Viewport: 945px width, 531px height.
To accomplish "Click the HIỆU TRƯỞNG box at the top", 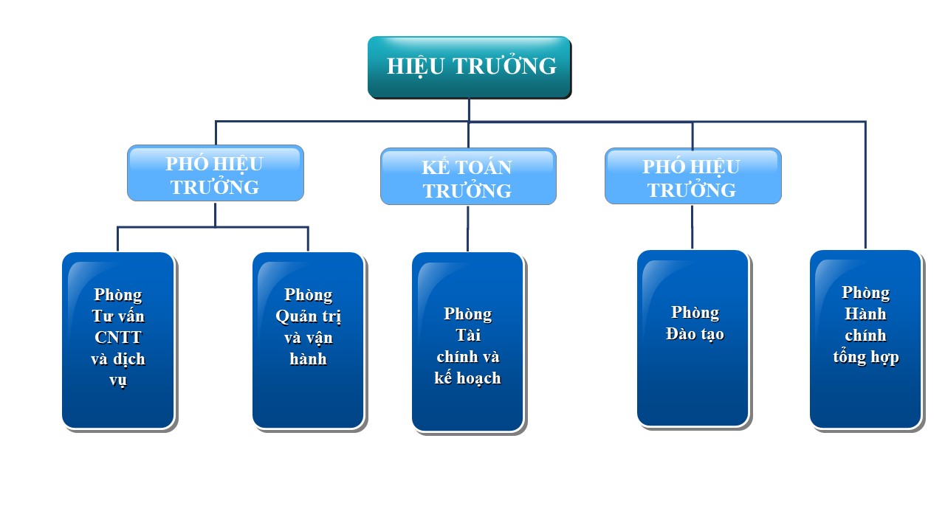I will point(469,66).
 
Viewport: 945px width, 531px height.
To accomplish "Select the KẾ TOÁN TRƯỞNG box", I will point(468,176).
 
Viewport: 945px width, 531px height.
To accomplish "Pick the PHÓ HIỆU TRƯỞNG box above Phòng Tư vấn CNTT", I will point(215,173).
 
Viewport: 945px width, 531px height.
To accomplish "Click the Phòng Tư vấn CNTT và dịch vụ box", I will point(118,340).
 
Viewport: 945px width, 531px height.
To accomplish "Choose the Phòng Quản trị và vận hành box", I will point(308,340).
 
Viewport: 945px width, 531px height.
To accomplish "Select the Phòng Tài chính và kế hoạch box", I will point(467,342).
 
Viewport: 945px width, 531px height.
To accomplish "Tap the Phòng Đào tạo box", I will point(693,338).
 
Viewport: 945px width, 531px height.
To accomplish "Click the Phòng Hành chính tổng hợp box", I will point(865,339).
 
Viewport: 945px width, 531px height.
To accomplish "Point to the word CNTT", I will point(118,338).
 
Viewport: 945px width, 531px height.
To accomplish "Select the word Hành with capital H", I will point(865,314).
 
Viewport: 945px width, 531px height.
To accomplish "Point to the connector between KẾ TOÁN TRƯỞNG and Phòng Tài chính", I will point(467,229).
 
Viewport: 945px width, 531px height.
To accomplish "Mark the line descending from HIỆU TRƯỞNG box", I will point(469,110).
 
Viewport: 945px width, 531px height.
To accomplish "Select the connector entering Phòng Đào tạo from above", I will point(692,227).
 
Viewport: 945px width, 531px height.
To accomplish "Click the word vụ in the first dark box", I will point(118,381).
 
